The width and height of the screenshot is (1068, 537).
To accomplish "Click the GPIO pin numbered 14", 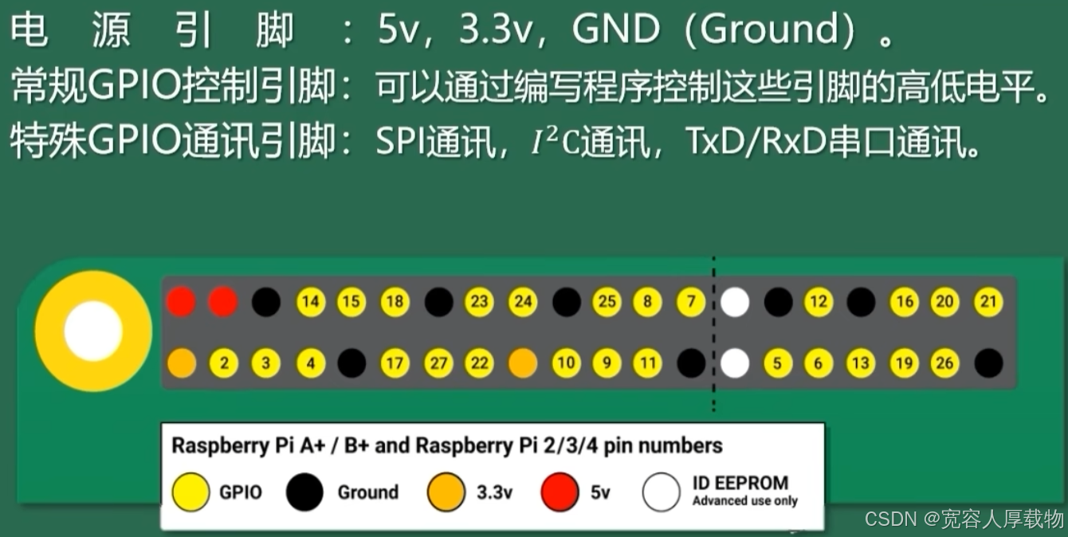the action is (x=311, y=302).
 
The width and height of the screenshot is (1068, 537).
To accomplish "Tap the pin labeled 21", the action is (x=988, y=302).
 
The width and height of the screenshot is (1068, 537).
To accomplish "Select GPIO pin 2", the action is (x=224, y=364).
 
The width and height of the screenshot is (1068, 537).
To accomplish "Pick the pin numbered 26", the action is (x=944, y=364).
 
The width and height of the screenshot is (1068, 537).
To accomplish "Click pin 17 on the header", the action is (x=394, y=364).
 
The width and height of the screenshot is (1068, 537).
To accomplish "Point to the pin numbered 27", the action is (x=437, y=364).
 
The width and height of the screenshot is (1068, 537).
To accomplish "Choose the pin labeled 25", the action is (x=607, y=302).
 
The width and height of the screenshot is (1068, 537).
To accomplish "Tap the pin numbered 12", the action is (x=818, y=302).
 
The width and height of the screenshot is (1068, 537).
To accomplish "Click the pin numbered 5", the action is (x=777, y=364).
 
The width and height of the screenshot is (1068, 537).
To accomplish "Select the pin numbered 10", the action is (x=565, y=364).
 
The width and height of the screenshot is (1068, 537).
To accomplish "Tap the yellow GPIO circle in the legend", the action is (x=191, y=492).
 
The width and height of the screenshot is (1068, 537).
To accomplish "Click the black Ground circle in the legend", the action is (x=304, y=492).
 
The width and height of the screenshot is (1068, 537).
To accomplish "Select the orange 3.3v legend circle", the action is (x=446, y=492).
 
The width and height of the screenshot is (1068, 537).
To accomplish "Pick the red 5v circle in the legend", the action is (x=560, y=492).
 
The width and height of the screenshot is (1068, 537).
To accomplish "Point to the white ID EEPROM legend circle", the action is (x=662, y=492).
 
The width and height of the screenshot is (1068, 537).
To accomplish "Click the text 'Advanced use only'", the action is (x=744, y=501).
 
